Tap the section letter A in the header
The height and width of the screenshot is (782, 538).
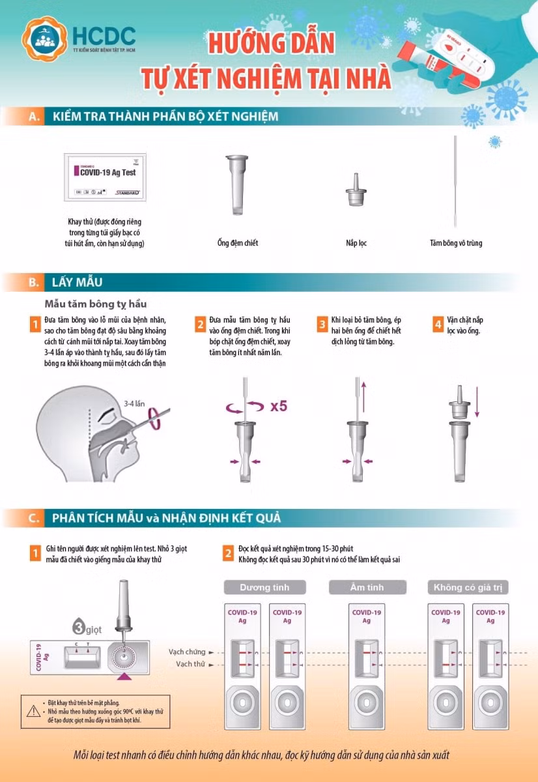click(x=34, y=117)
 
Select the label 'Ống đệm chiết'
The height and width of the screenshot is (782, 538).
click(x=238, y=243)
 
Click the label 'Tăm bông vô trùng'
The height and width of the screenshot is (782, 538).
click(x=456, y=243)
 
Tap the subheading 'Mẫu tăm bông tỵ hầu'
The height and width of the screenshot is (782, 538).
click(x=96, y=304)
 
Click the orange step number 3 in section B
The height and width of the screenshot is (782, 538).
click(x=322, y=324)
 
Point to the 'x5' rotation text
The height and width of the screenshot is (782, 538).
click(x=279, y=407)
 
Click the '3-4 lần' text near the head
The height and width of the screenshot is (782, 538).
click(x=135, y=403)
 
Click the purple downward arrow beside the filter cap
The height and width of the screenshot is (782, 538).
click(x=477, y=404)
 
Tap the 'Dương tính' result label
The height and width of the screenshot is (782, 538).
click(x=264, y=587)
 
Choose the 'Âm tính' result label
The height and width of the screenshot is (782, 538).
click(x=366, y=587)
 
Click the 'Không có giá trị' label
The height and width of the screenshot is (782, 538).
click(x=468, y=587)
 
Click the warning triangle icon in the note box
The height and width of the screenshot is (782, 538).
click(x=33, y=712)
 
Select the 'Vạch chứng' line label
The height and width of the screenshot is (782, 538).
click(x=187, y=652)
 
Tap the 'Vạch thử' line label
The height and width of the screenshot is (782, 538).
click(x=190, y=664)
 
